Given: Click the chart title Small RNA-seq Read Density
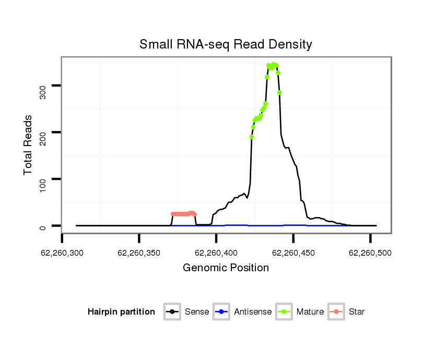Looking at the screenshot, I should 226,44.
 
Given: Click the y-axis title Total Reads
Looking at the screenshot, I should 29,145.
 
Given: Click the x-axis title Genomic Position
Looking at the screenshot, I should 226,268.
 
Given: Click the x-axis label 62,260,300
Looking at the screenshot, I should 62,253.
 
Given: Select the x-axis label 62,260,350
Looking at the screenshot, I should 139,253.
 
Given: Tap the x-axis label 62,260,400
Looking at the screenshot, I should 216,253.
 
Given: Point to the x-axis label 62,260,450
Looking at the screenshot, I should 293,253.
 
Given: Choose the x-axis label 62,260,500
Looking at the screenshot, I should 370,253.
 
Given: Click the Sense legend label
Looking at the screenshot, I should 197,312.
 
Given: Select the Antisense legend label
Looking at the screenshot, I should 253,312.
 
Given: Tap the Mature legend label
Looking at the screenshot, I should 310,312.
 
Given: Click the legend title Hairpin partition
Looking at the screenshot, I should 121,312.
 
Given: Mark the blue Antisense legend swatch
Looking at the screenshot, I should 222,312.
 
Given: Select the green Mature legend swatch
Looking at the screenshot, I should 285,312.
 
